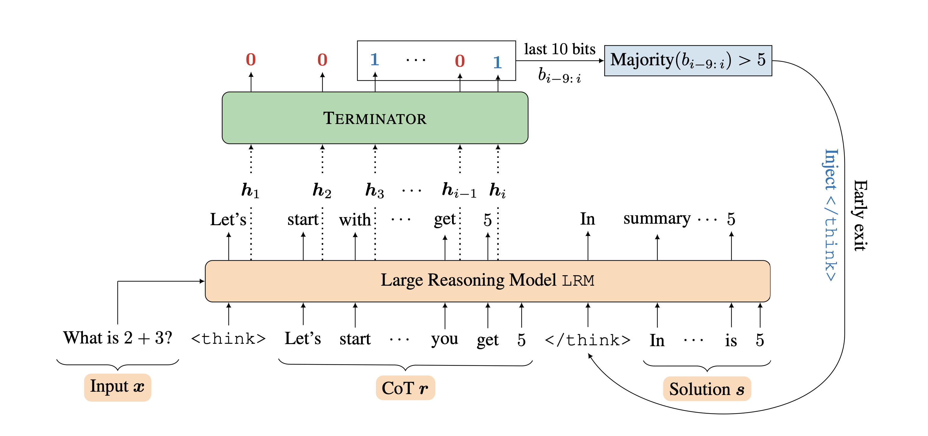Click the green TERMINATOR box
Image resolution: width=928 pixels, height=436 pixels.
tap(375, 118)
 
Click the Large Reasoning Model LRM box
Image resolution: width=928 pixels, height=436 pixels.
tap(487, 281)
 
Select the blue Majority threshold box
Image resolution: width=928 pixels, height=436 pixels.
tap(688, 60)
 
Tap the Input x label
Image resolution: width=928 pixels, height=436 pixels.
tap(117, 387)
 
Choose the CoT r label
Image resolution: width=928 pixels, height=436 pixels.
tap(405, 388)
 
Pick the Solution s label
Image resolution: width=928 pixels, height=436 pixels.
tap(707, 389)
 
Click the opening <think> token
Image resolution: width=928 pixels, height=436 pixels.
tap(228, 339)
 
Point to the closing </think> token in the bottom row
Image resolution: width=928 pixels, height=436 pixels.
tap(588, 340)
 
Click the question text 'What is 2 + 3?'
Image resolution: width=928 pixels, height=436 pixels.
tap(117, 338)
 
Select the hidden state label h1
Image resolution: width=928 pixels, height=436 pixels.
tap(250, 190)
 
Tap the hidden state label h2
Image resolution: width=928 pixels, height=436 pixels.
tap(322, 190)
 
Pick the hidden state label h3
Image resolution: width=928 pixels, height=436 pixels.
tap(375, 190)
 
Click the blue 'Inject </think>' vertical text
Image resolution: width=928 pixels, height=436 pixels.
tap(831, 215)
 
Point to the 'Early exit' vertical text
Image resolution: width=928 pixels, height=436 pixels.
tap(860, 215)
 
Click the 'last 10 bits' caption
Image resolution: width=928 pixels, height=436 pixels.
tap(560, 49)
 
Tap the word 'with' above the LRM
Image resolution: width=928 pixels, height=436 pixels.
tap(355, 219)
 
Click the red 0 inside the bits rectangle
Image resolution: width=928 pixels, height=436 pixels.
tap(460, 61)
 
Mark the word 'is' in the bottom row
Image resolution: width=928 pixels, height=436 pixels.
tap(731, 340)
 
